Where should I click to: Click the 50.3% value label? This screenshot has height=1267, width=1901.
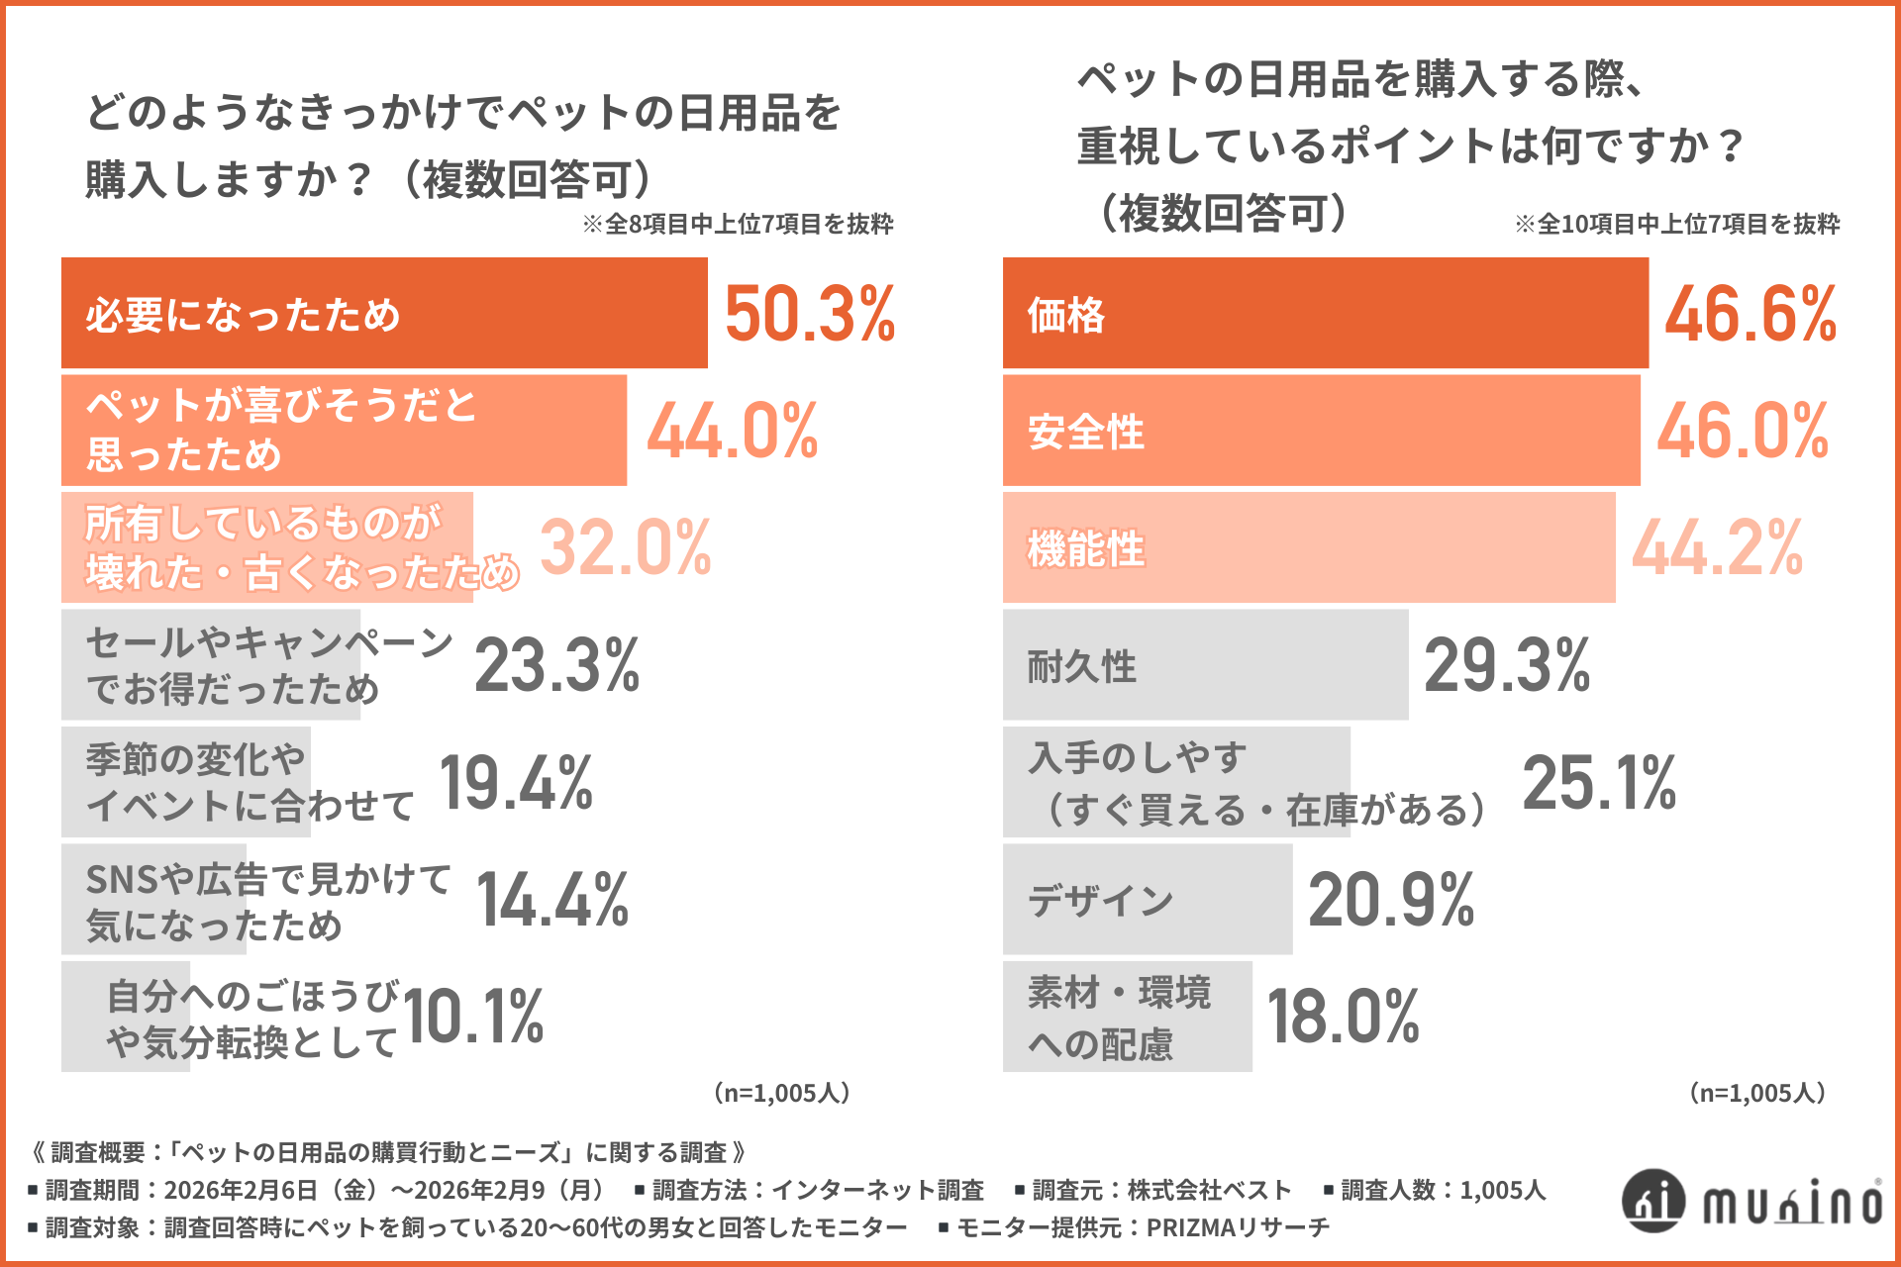[810, 315]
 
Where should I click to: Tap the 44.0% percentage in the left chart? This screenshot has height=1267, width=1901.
[733, 432]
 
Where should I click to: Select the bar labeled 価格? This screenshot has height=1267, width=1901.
[1325, 314]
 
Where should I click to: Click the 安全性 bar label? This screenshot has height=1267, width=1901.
[1086, 433]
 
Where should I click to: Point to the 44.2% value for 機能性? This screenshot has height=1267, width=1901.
[1718, 547]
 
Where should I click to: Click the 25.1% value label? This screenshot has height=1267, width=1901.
[1599, 782]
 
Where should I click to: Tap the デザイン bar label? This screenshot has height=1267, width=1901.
[1100, 900]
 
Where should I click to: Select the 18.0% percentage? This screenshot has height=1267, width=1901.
[1343, 1017]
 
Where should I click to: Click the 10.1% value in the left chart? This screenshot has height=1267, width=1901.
[473, 1017]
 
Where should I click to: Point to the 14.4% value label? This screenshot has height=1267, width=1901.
[552, 900]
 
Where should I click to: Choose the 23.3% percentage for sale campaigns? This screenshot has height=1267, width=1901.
[557, 665]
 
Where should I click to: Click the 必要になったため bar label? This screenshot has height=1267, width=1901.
[243, 315]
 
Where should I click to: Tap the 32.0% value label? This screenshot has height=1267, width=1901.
[626, 547]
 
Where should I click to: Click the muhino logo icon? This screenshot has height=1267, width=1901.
[1652, 1201]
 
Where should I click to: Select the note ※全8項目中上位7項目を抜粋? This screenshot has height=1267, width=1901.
[738, 225]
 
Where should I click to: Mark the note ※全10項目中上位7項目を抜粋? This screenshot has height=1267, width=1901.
[1676, 225]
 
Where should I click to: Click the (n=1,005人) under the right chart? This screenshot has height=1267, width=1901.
[1756, 1093]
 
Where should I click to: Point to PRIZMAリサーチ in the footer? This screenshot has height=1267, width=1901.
[1238, 1227]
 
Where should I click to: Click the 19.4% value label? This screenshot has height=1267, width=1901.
[516, 782]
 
